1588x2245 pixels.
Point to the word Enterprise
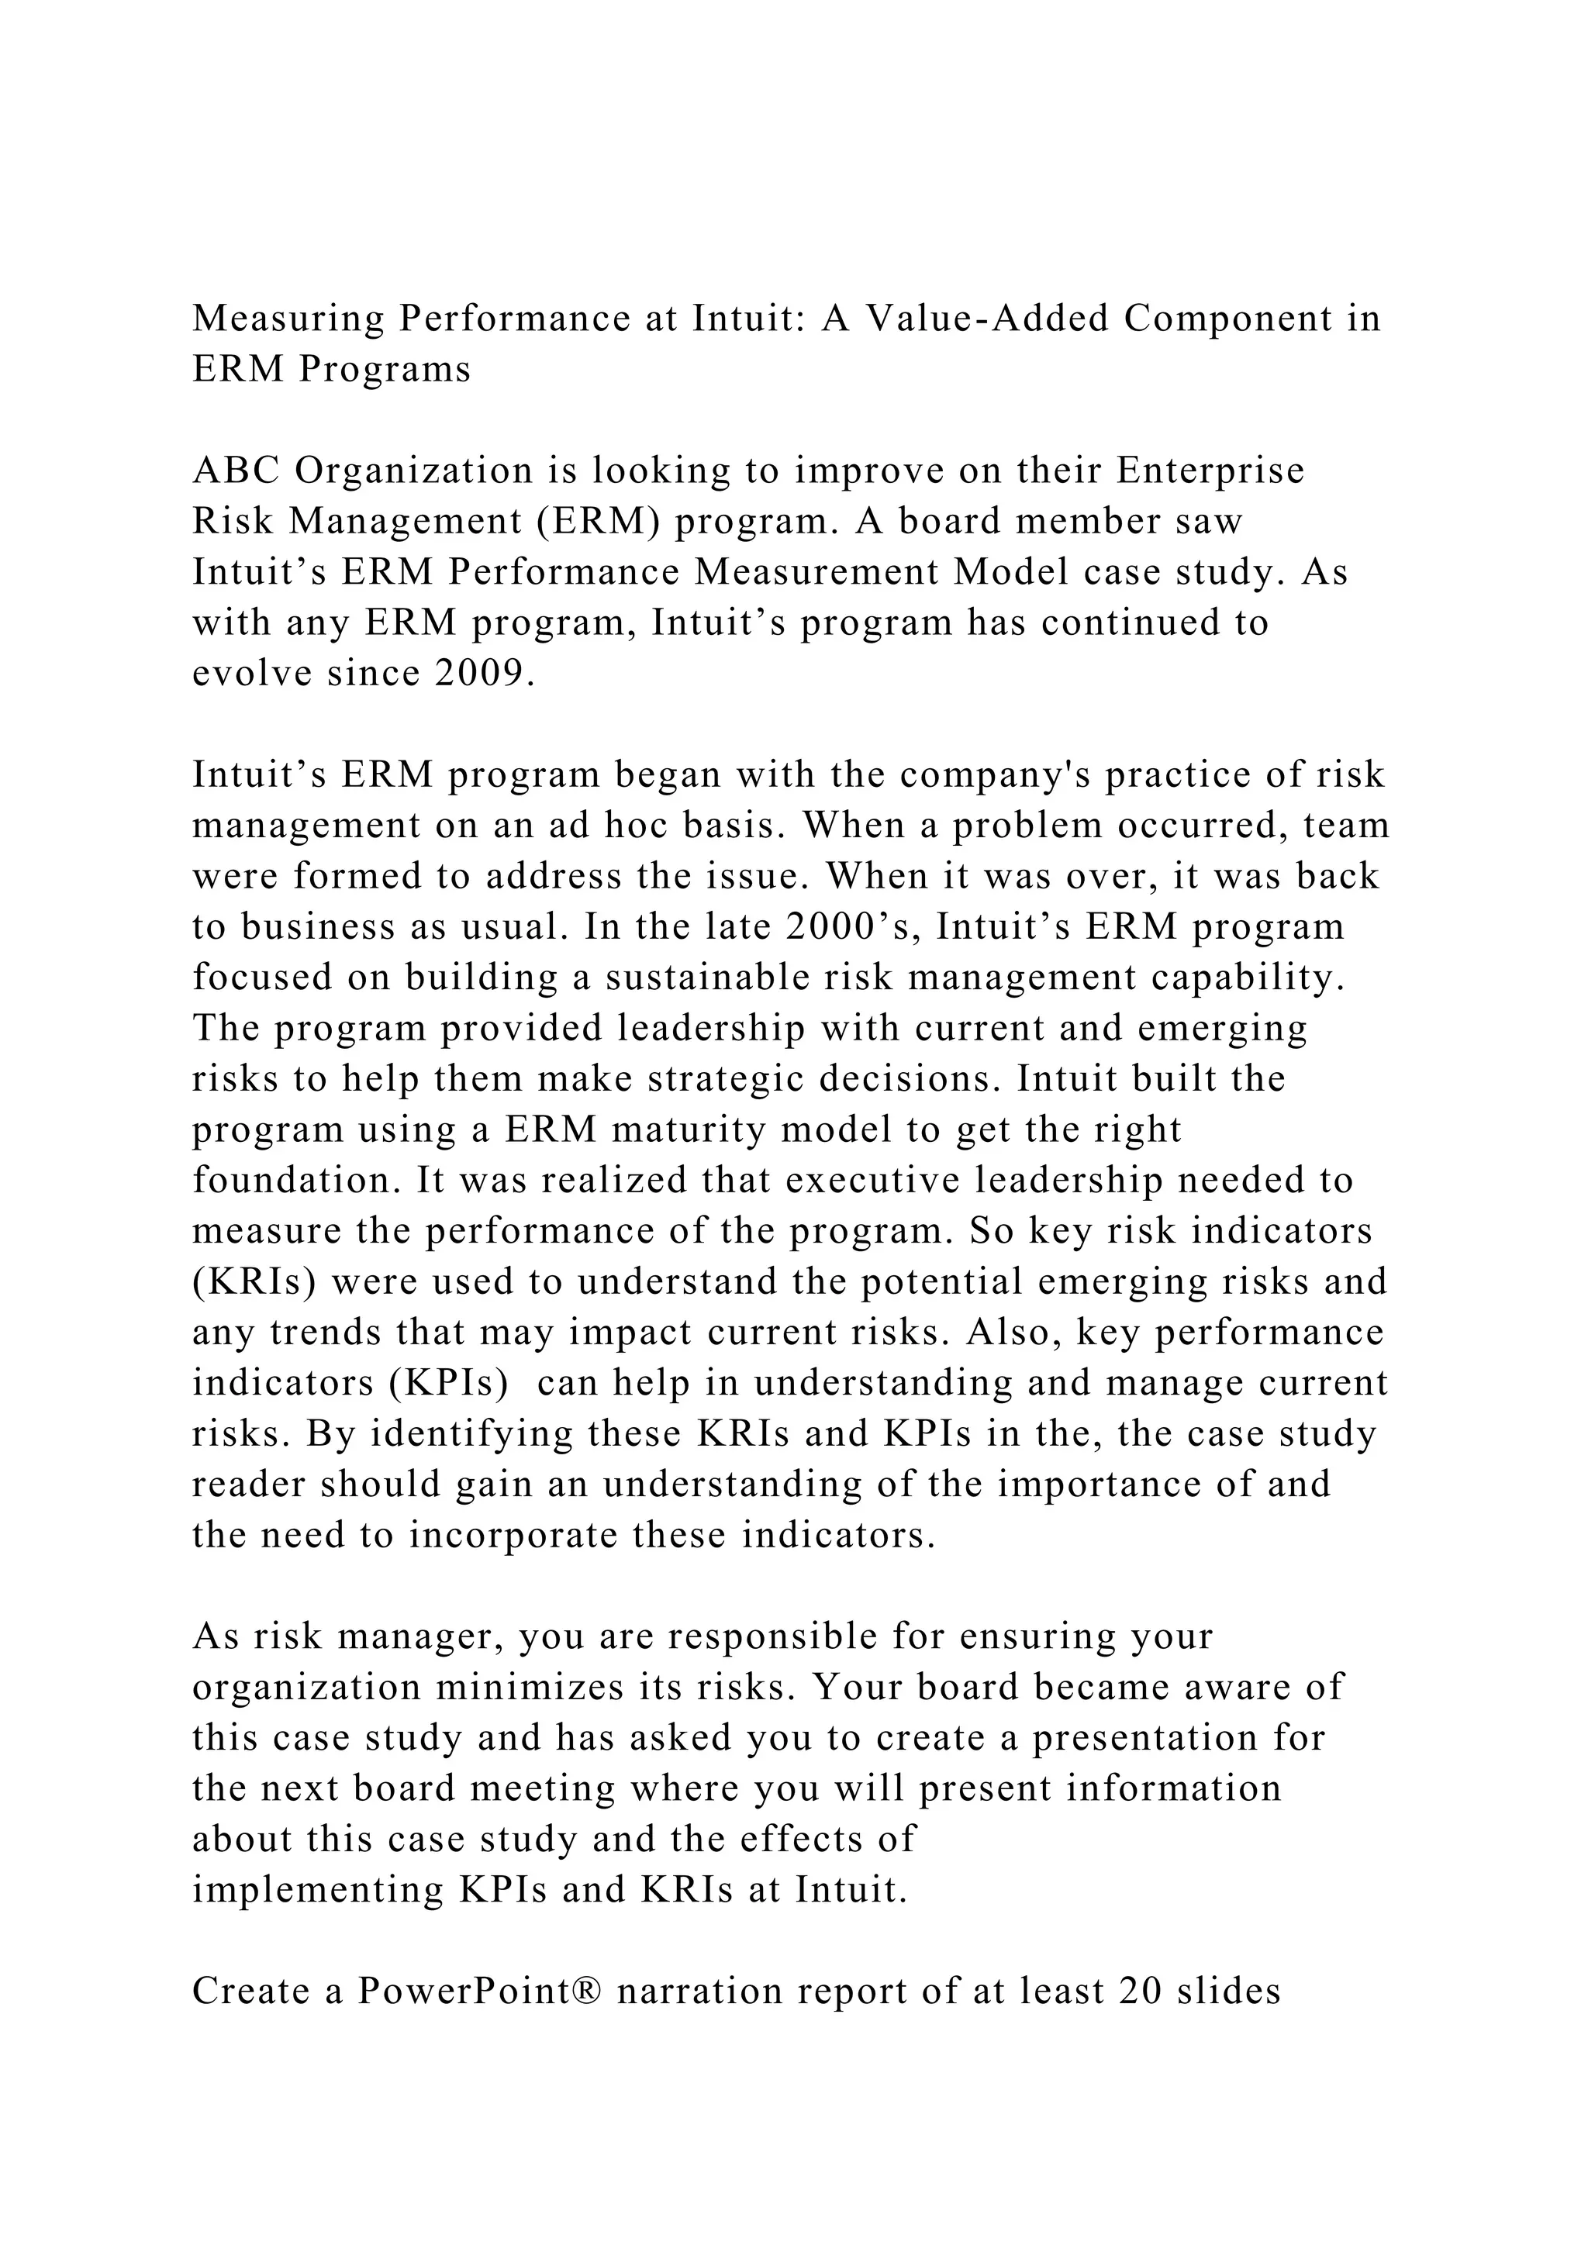1210,472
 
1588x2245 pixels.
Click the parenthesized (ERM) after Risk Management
598,523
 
